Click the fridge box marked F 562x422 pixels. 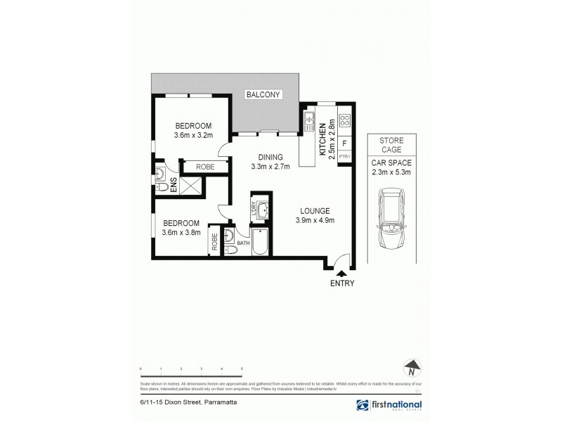345,143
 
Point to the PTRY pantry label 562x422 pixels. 345,157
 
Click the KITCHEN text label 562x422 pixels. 323,137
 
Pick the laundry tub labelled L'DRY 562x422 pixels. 262,209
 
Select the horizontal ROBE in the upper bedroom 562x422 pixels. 205,167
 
